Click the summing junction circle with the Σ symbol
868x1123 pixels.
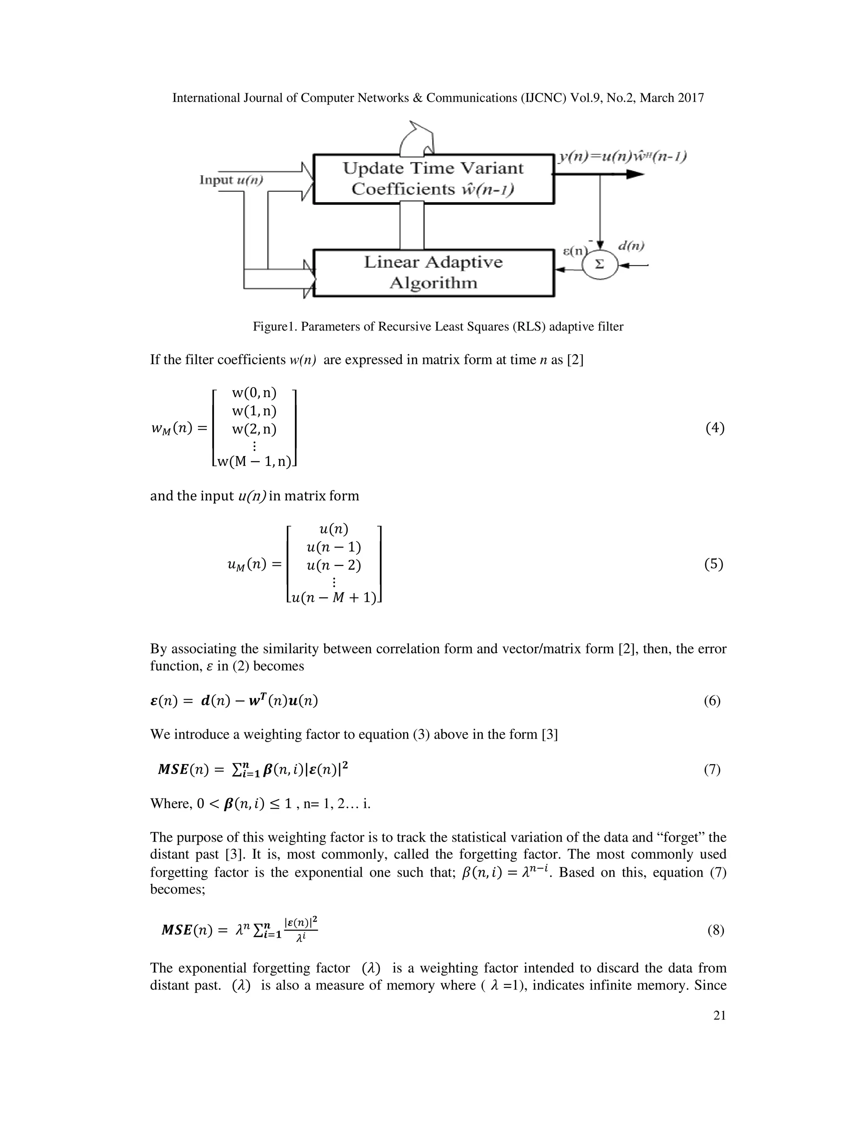pyautogui.click(x=599, y=265)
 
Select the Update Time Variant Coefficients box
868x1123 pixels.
pyautogui.click(x=433, y=178)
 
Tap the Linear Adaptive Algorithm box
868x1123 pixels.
pyautogui.click(x=433, y=272)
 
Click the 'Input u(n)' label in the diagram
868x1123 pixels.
pyautogui.click(x=231, y=180)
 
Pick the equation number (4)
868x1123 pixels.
pyautogui.click(x=714, y=428)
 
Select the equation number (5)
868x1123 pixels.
pyautogui.click(x=713, y=564)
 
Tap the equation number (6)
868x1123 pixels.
pyautogui.click(x=712, y=700)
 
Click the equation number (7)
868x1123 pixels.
pyautogui.click(x=712, y=769)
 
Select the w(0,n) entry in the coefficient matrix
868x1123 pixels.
pyautogui.click(x=254, y=393)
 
